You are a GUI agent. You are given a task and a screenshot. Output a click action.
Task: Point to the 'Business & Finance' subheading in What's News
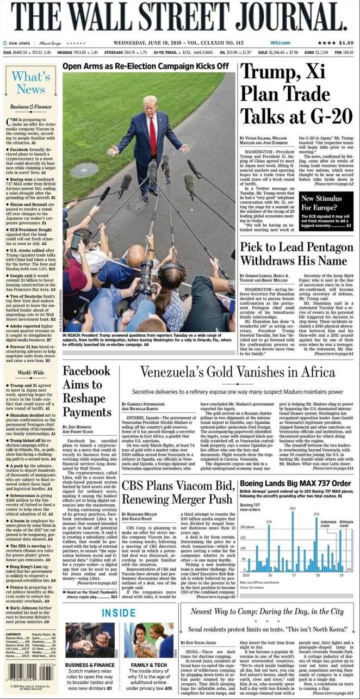(30, 107)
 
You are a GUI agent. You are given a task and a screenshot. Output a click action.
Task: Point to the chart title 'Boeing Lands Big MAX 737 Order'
(296, 484)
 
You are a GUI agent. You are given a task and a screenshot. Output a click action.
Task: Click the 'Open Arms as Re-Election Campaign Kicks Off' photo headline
(145, 66)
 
